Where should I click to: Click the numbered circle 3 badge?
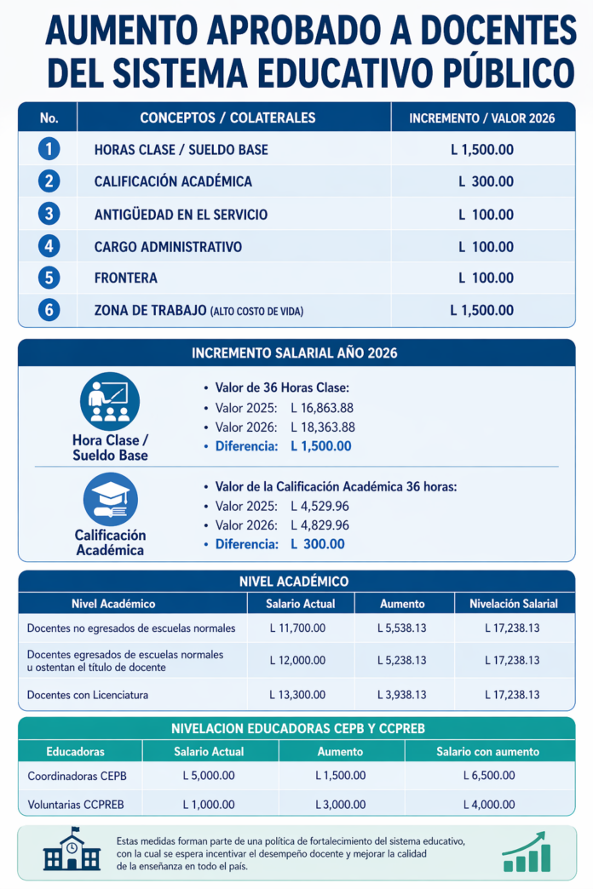pyautogui.click(x=49, y=214)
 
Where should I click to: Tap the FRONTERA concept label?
pyautogui.click(x=125, y=278)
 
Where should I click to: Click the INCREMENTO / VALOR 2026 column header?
pyautogui.click(x=481, y=118)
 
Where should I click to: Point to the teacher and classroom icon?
pyautogui.click(x=109, y=401)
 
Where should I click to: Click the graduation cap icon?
pyautogui.click(x=110, y=499)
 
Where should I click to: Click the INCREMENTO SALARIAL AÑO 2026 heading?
pyautogui.click(x=295, y=353)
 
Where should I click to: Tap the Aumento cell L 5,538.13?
pyautogui.click(x=401, y=628)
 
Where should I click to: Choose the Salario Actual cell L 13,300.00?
pyautogui.click(x=297, y=695)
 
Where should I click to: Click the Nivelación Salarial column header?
pyautogui.click(x=513, y=604)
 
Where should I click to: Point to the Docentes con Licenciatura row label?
pyautogui.click(x=88, y=695)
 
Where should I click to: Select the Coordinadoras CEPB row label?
pyautogui.click(x=78, y=776)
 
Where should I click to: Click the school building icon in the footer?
pyautogui.click(x=71, y=852)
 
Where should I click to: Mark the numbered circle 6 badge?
pyautogui.click(x=49, y=311)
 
